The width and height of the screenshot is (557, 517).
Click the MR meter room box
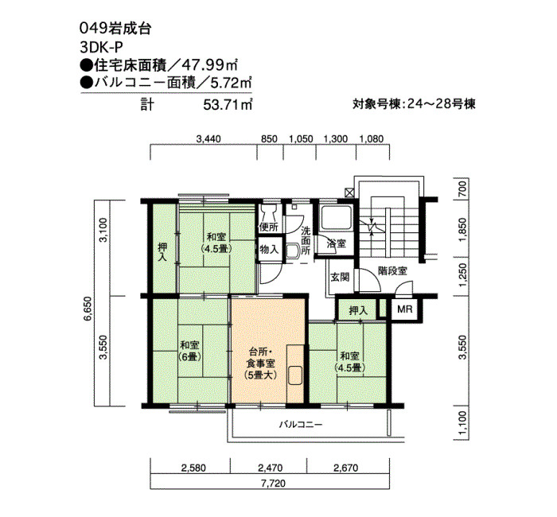pyautogui.click(x=404, y=309)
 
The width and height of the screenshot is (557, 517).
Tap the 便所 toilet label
pyautogui.click(x=269, y=226)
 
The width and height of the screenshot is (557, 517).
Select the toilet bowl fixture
pyautogui.click(x=269, y=212)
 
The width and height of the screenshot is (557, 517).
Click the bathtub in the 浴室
pyautogui.click(x=336, y=218)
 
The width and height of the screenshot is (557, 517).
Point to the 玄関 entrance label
pyautogui.click(x=340, y=277)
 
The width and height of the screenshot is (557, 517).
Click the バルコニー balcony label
pyautogui.click(x=301, y=424)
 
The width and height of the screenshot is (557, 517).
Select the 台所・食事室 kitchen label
pyautogui.click(x=261, y=363)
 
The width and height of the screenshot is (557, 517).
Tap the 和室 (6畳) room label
pyautogui.click(x=189, y=350)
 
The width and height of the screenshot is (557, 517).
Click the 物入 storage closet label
pyautogui.click(x=269, y=249)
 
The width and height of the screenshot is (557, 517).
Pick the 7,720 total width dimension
pyautogui.click(x=275, y=484)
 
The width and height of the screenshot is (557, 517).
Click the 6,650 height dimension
pyautogui.click(x=88, y=309)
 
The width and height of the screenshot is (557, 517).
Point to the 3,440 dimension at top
pyautogui.click(x=208, y=138)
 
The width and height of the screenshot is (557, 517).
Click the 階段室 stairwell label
pyautogui.click(x=392, y=270)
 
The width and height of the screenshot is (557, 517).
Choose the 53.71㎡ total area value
pyautogui.click(x=228, y=105)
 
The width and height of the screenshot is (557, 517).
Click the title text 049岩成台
pyautogui.click(x=116, y=29)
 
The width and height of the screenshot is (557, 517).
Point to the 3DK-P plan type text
pyautogui.click(x=101, y=47)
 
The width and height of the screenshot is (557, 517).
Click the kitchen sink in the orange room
pyautogui.click(x=295, y=375)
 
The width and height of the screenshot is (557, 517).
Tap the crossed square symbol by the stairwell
pyautogui.click(x=349, y=192)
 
